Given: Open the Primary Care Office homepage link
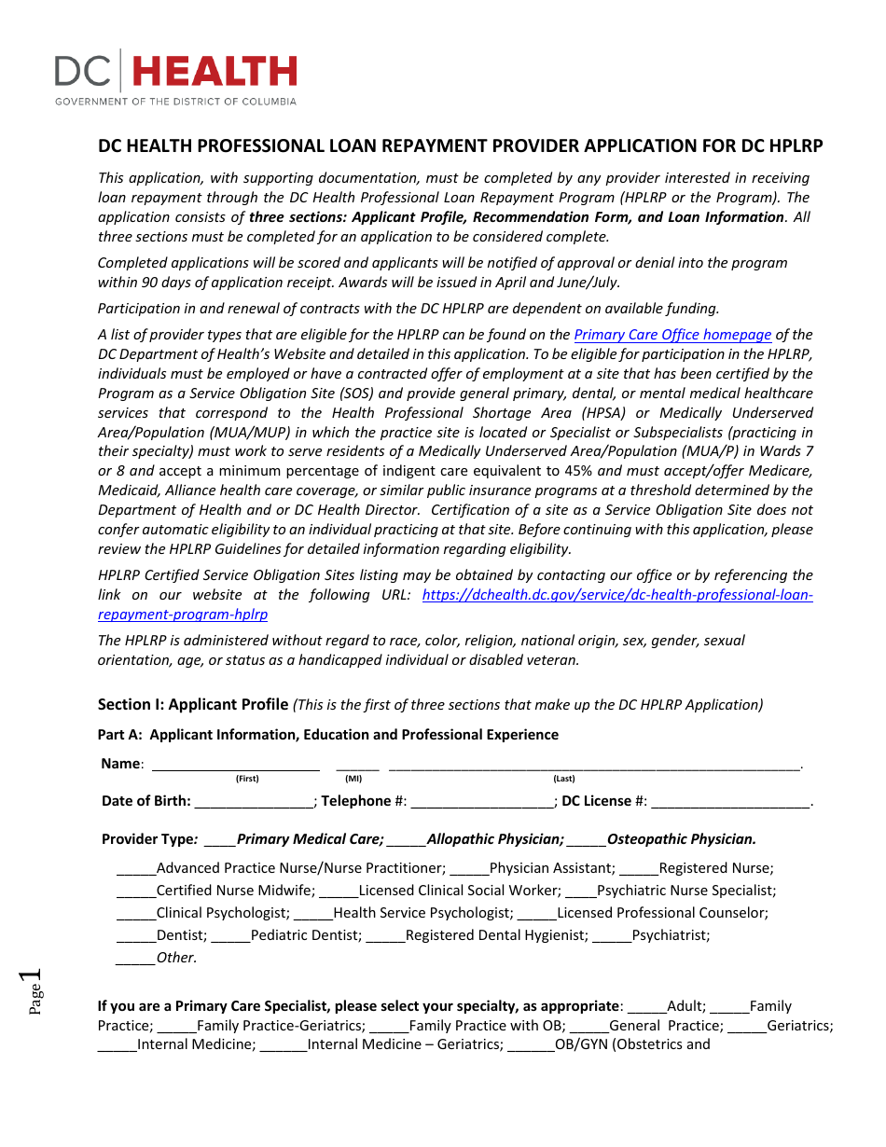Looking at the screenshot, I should point(672,335).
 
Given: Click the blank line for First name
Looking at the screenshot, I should point(236,766).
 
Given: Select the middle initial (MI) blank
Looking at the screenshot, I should point(357,766).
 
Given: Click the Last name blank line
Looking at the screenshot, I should point(594,766).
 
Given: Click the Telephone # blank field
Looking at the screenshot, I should point(482,802).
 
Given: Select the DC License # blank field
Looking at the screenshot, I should point(730,802).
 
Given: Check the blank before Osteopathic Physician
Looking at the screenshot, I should point(586,840).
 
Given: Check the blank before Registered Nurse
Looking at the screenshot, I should point(639,869).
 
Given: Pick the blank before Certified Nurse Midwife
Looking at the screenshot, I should point(136,891).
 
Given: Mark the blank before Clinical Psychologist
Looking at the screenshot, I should point(136,914).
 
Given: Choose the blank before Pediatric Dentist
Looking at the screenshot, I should point(231,936).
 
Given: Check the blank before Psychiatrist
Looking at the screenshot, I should point(612,936).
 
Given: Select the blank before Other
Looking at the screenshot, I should point(135,959).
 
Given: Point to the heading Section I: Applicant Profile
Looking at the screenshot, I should point(193,705).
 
